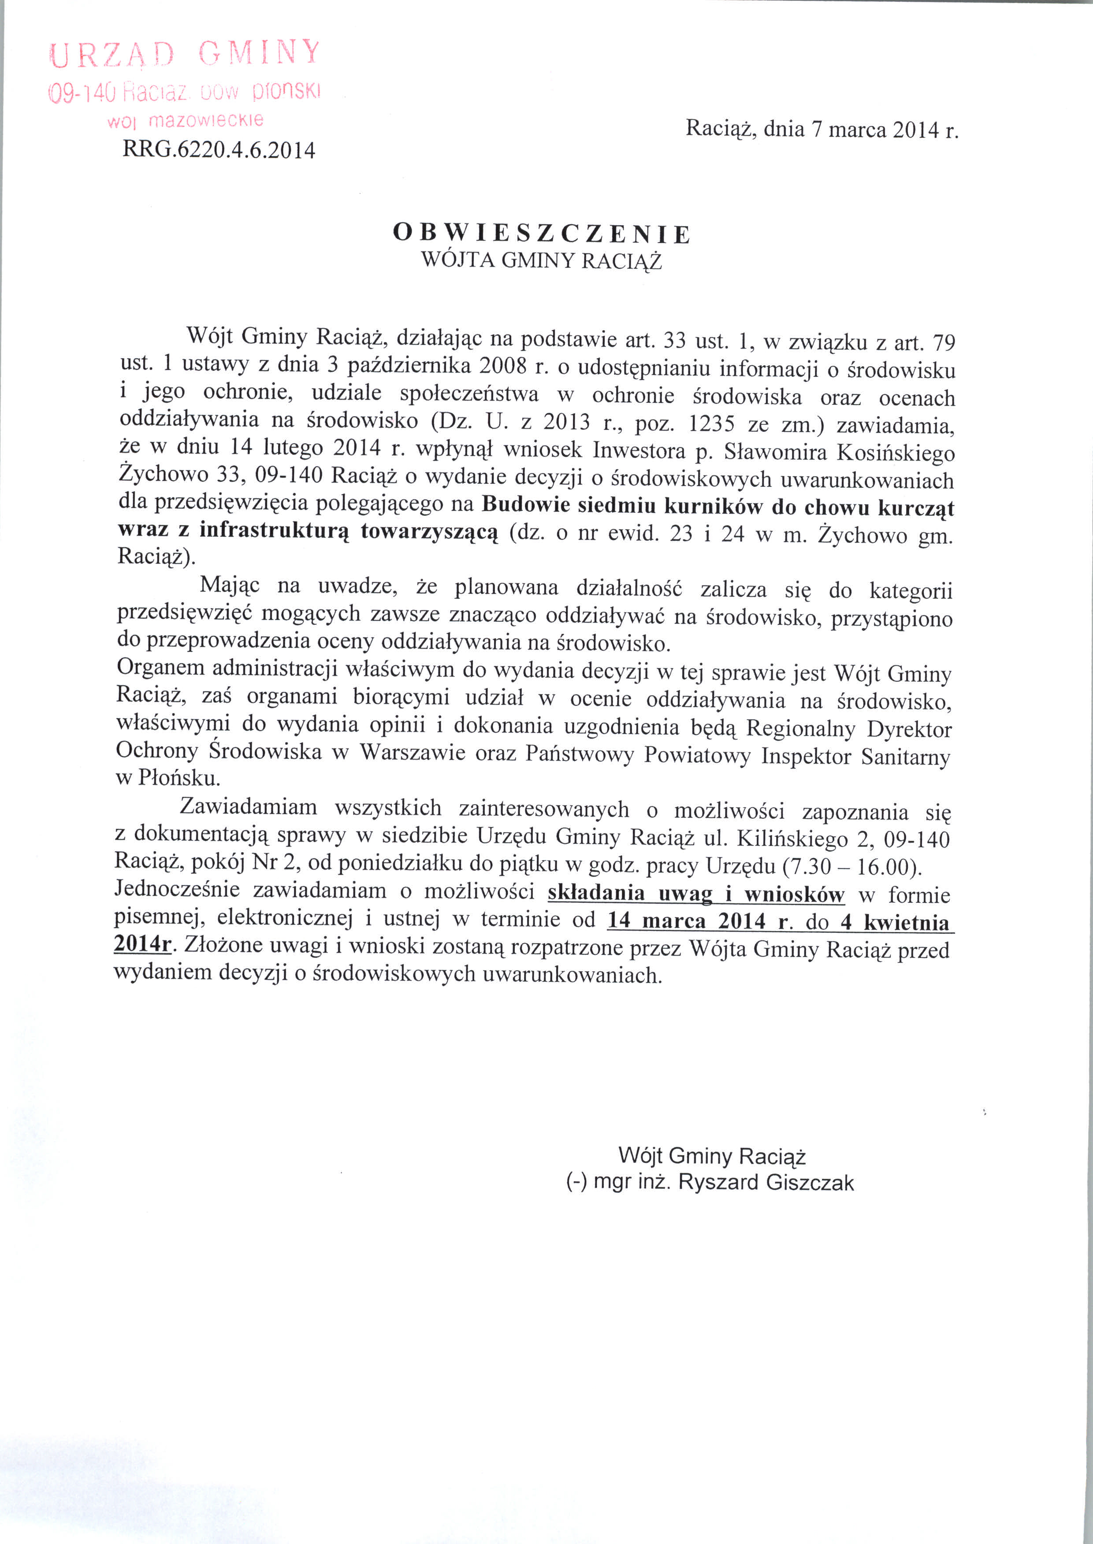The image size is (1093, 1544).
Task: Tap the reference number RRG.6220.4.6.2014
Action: pyautogui.click(x=219, y=149)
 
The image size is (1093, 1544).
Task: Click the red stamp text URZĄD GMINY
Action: pyautogui.click(x=184, y=54)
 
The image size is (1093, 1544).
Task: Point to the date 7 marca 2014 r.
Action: pyautogui.click(x=885, y=129)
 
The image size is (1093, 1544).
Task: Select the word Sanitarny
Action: pyautogui.click(x=906, y=757)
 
